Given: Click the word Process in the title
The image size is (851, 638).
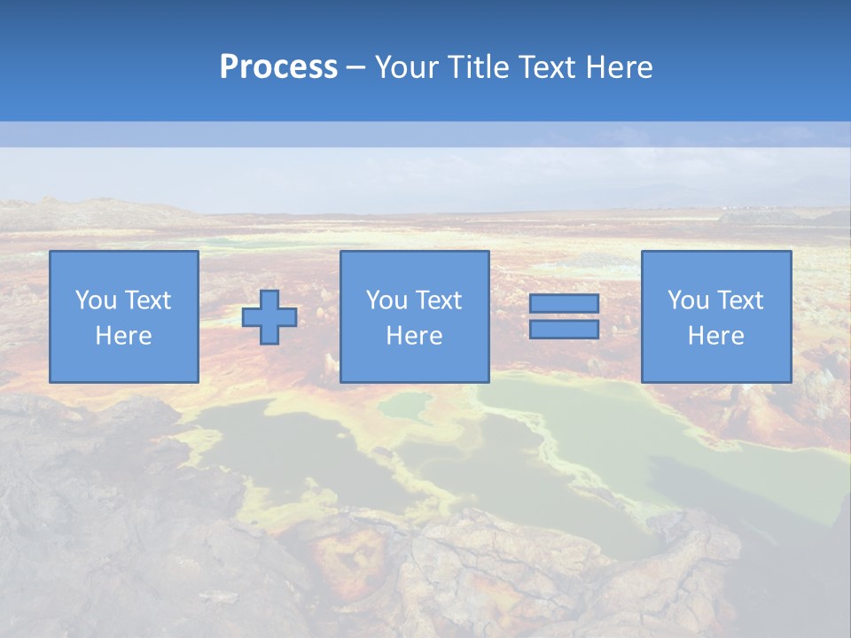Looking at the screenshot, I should click(x=278, y=67).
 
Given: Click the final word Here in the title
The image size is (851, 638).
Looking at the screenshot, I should click(x=620, y=67).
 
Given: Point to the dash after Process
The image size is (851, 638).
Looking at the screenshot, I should click(x=356, y=68).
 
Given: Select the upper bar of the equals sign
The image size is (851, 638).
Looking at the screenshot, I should click(x=564, y=303).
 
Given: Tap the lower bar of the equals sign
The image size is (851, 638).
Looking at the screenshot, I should click(x=564, y=330).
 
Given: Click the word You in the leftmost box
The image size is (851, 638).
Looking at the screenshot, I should click(x=94, y=300).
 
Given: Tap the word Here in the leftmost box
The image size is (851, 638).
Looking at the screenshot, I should click(x=123, y=336).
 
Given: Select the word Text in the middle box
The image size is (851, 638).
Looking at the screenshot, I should click(x=438, y=300).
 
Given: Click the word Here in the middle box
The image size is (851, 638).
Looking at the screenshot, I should click(x=414, y=336).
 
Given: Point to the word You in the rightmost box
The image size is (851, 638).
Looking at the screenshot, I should click(x=686, y=300).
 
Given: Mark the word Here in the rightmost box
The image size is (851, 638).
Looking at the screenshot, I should click(x=715, y=336).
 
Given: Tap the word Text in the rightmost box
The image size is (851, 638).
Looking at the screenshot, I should click(x=739, y=300).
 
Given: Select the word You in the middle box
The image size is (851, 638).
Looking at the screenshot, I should click(x=385, y=300).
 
